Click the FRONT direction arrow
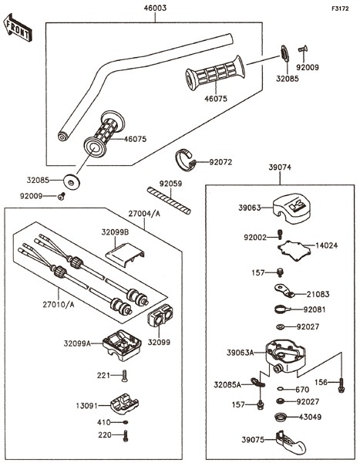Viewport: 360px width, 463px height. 18,27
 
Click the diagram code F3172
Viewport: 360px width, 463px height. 340,8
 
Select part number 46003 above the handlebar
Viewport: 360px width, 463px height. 155,8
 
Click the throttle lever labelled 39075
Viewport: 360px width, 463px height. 291,442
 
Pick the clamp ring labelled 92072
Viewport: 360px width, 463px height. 185,160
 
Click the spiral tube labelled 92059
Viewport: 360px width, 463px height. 169,201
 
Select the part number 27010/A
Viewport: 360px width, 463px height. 59,305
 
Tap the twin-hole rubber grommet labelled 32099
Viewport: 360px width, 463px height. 160,316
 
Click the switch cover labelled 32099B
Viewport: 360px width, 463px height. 126,255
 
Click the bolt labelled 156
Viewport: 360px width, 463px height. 341,385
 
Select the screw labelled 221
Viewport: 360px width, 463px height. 124,376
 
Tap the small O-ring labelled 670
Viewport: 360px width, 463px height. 281,389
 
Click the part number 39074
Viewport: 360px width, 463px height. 280,167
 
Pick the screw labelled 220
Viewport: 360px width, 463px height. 126,436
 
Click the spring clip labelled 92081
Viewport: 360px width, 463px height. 282,309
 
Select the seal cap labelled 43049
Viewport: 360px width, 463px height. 281,417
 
